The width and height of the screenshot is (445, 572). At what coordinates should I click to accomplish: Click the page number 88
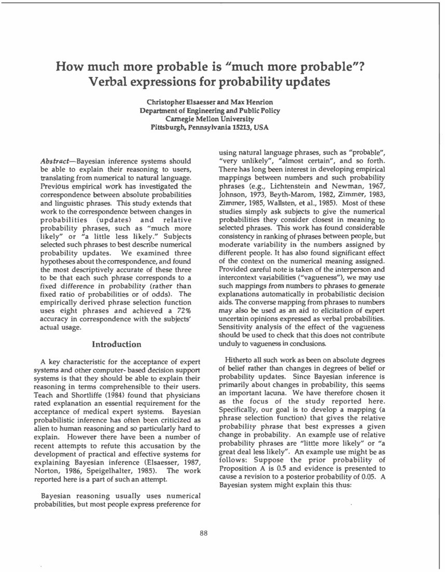click(x=204, y=534)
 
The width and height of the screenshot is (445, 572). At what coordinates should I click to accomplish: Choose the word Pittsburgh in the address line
click(x=169, y=127)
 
